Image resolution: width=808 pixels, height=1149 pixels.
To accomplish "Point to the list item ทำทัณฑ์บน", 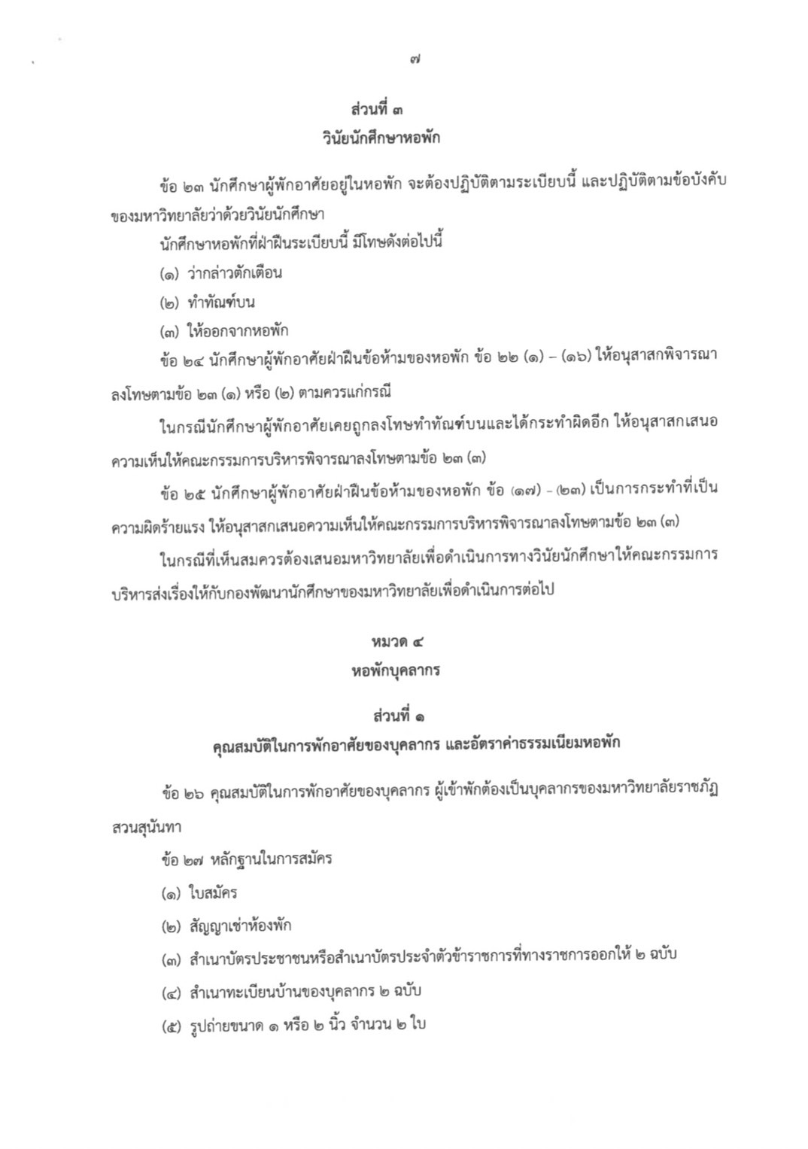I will point(220,302).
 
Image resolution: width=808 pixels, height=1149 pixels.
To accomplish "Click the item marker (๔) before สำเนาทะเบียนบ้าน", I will point(172,992).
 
